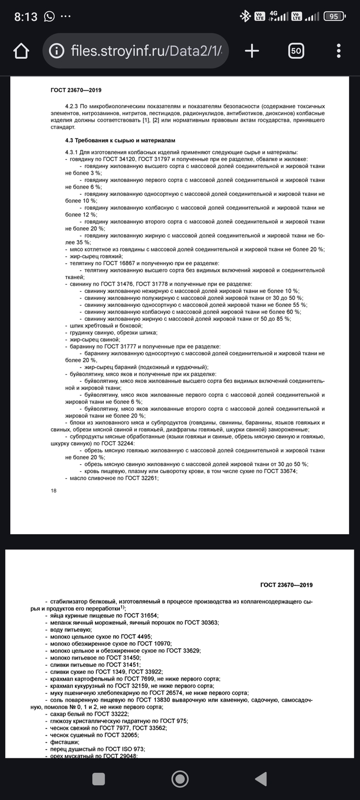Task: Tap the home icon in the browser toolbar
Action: tap(21, 50)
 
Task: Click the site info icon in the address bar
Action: tap(56, 50)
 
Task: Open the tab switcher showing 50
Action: tap(296, 50)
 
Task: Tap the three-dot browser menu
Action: tap(338, 50)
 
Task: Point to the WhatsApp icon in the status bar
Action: tap(49, 16)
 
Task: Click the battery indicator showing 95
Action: tap(334, 16)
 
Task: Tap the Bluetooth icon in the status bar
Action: tap(245, 16)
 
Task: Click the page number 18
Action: tap(53, 490)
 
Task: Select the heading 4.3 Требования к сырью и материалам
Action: tap(120, 140)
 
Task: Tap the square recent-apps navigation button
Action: tap(99, 779)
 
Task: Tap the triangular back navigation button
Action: tap(261, 779)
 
